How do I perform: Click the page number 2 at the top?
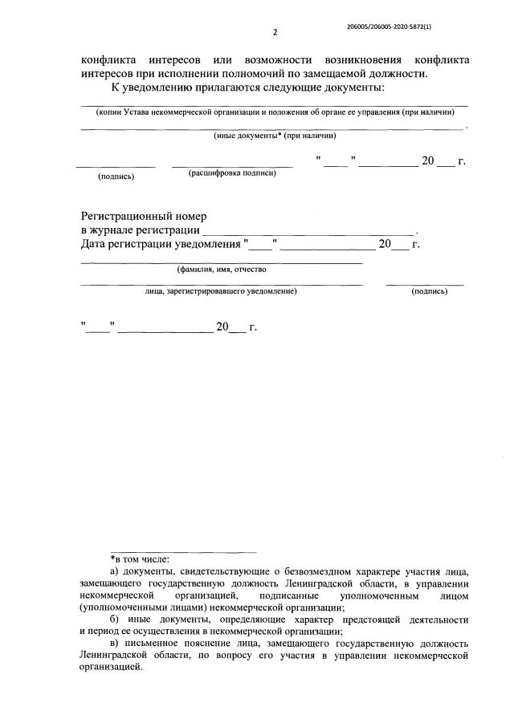click(x=275, y=32)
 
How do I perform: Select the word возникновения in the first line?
click(x=360, y=60)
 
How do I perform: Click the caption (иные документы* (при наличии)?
click(x=271, y=136)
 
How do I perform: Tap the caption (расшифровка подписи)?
click(x=232, y=173)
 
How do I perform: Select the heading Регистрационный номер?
click(x=144, y=217)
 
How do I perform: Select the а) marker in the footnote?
click(x=114, y=571)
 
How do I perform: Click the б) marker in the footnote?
click(x=114, y=619)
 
